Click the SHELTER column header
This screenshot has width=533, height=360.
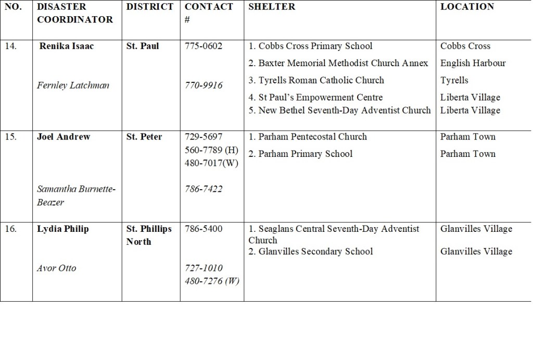(x=272, y=7)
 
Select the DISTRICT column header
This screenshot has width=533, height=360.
(x=150, y=7)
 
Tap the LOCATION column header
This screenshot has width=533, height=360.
(x=467, y=7)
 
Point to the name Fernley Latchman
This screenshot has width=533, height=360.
(x=73, y=85)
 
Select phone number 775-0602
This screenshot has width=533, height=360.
(x=204, y=46)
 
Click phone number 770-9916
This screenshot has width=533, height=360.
(x=204, y=85)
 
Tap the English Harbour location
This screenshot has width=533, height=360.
(x=473, y=63)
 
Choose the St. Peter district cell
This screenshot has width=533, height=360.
(x=144, y=136)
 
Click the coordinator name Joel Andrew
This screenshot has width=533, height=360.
(x=64, y=136)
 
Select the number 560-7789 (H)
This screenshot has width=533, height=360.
(x=211, y=150)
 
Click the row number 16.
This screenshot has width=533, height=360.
(x=10, y=229)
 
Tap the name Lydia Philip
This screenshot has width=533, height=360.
(x=63, y=229)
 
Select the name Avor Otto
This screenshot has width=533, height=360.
(x=56, y=268)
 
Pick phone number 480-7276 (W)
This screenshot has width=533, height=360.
(x=212, y=281)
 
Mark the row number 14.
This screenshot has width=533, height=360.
(x=10, y=46)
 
